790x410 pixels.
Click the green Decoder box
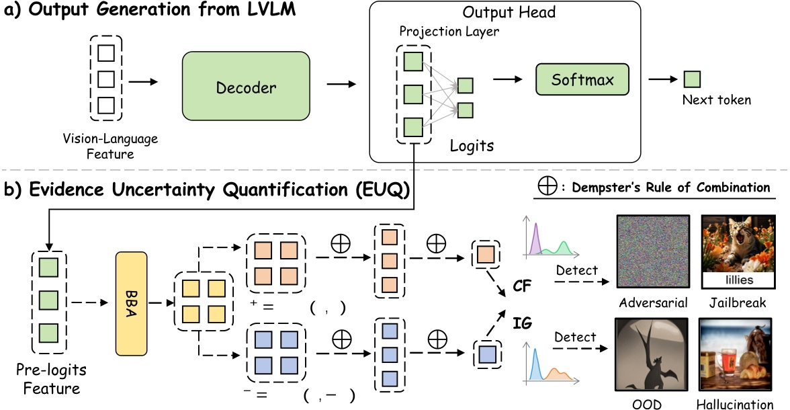(246, 87)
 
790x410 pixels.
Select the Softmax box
(583, 80)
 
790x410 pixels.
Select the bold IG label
(522, 324)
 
